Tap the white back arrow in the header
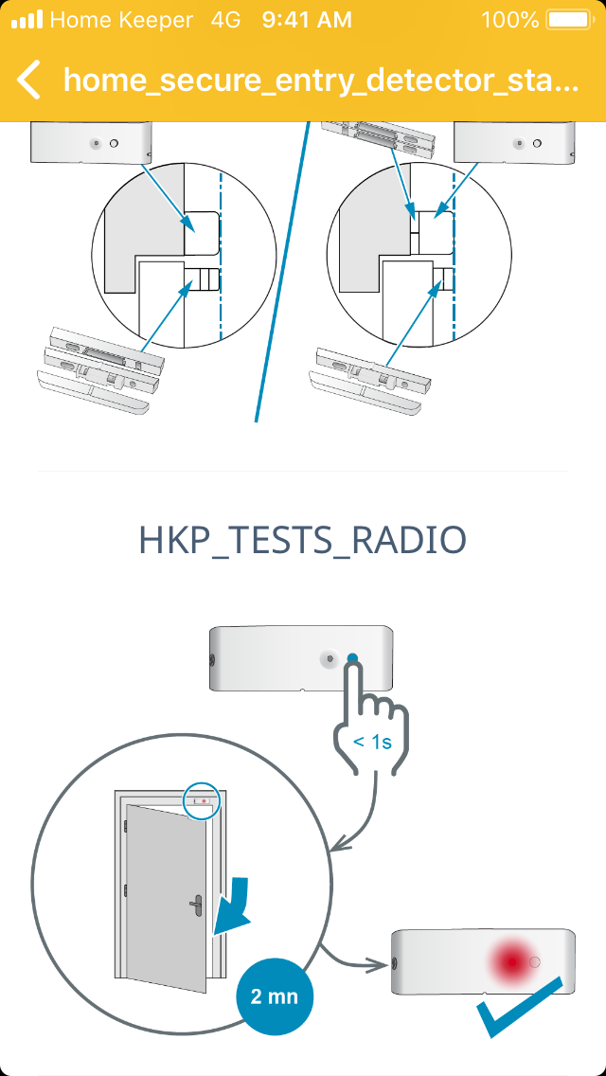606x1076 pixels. tap(28, 80)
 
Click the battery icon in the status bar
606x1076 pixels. tap(567, 20)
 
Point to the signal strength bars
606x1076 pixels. tap(27, 20)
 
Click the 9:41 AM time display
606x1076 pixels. tap(307, 20)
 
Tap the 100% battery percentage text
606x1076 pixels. tap(510, 20)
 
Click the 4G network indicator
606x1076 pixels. tap(225, 20)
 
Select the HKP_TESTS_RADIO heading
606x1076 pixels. tap(303, 542)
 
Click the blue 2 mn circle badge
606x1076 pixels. tap(275, 995)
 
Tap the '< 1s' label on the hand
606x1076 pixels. tap(373, 742)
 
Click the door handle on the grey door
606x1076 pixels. tap(196, 904)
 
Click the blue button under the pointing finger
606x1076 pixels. tap(352, 658)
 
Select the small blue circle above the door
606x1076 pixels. tap(202, 800)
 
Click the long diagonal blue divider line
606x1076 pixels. tap(280, 272)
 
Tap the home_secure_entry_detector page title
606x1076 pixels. tap(321, 81)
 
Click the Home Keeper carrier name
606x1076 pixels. tap(121, 20)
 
